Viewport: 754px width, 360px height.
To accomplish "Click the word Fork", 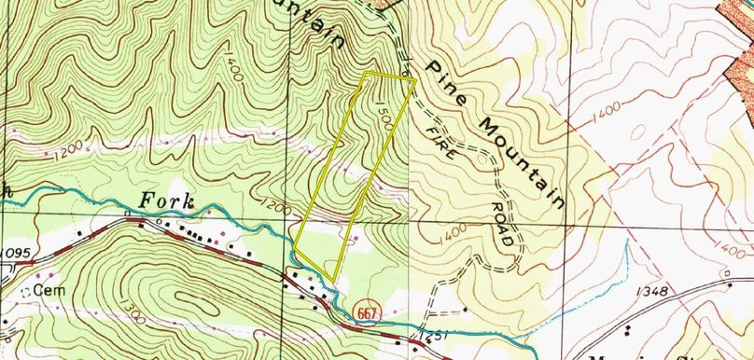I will (167, 201).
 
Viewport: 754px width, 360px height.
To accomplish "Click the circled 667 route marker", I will (366, 314).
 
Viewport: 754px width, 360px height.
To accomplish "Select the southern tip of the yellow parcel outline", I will (333, 278).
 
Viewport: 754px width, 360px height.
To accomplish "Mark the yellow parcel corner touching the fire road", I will (413, 81).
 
